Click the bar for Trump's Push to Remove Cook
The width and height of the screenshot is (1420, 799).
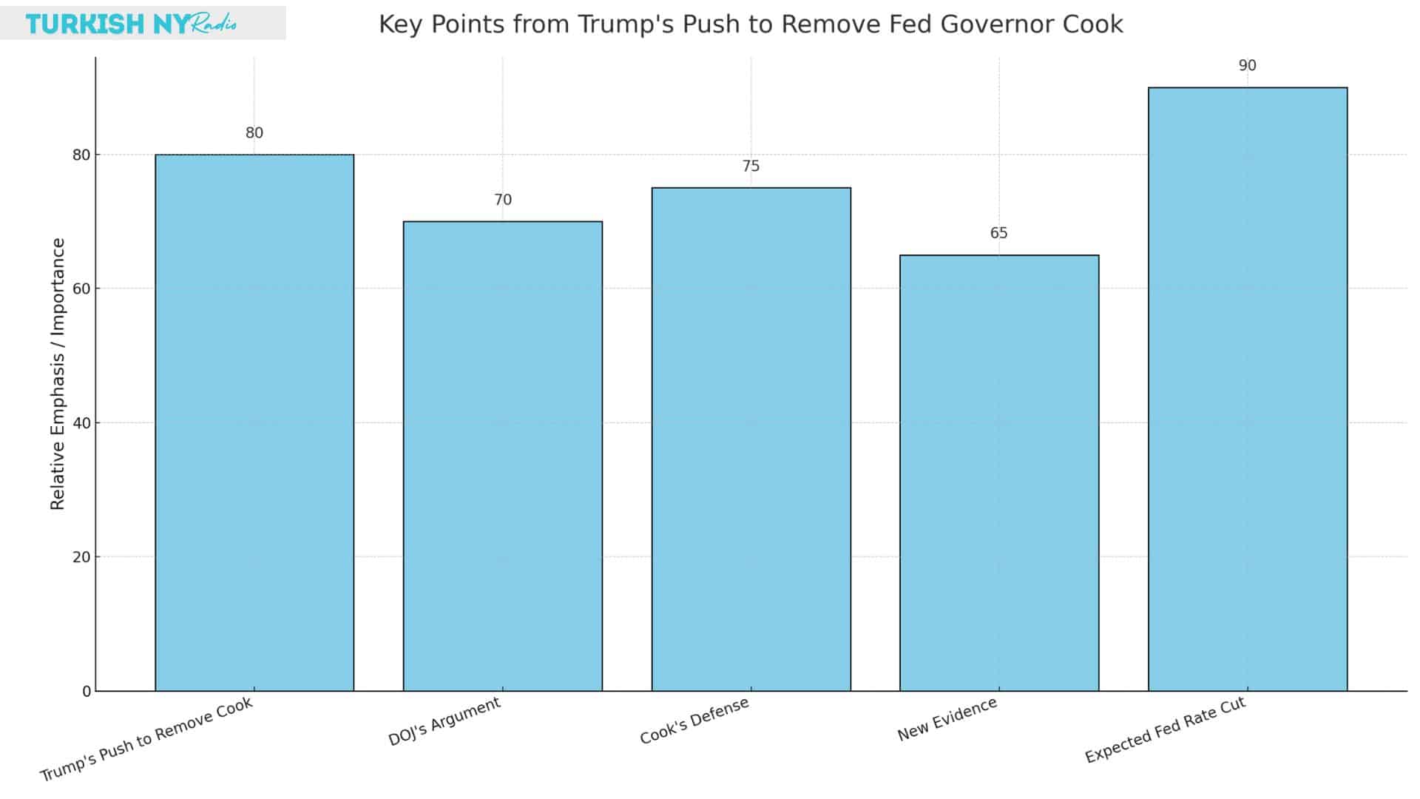pos(254,422)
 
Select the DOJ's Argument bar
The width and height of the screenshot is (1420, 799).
pos(503,456)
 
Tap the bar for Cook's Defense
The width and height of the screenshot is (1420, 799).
pos(751,439)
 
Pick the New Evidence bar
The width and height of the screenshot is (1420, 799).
pos(999,473)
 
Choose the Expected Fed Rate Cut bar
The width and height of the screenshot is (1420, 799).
pos(1248,389)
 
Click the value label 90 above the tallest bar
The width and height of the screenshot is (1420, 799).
pos(1247,66)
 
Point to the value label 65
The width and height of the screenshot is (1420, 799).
pos(998,233)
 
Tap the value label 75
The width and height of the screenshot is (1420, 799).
pos(751,166)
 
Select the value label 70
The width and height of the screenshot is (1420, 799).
pos(503,200)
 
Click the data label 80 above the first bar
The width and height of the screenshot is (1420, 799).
pos(254,133)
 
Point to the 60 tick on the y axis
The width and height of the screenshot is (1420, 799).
pos(81,289)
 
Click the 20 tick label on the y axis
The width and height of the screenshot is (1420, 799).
pos(81,557)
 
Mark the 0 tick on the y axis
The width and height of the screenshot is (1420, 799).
pos(87,691)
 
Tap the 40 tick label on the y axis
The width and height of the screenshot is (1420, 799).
pos(81,423)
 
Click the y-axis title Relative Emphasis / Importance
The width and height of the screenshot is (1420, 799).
pos(58,374)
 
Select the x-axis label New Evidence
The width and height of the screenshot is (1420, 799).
pos(947,719)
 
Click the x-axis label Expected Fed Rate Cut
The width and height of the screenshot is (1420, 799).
pos(1166,729)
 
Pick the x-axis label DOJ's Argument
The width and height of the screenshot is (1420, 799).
pos(444,721)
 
